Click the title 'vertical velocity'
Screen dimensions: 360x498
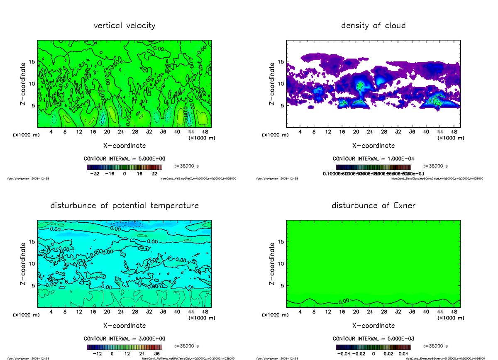[124, 26]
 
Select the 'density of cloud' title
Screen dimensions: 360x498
[373, 26]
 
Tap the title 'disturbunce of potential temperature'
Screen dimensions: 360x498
[124, 206]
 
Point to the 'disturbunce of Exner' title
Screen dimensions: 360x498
[373, 206]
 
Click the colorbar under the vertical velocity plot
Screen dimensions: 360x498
[124, 168]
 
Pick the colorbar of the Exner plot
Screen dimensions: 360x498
[373, 348]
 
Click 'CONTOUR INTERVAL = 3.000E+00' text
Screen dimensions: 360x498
[124, 338]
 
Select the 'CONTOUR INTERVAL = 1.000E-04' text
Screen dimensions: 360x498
[373, 158]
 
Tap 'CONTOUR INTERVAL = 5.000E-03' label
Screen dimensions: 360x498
[373, 338]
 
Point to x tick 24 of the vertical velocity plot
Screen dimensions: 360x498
[121, 132]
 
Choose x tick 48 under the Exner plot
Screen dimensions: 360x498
[454, 312]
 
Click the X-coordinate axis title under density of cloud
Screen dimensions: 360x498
[373, 146]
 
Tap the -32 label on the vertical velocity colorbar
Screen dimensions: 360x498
[95, 174]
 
